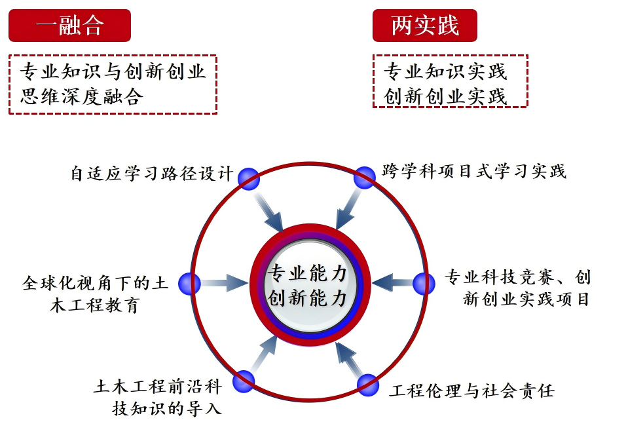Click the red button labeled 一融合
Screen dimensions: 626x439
[x=70, y=26]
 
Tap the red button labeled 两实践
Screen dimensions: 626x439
[x=425, y=26]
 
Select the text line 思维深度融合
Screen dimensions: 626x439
[x=81, y=96]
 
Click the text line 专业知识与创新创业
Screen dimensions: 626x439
[x=113, y=71]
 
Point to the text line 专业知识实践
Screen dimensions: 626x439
[x=445, y=71]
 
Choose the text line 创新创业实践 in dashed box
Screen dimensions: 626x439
[x=445, y=96]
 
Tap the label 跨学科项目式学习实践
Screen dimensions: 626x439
[x=474, y=172]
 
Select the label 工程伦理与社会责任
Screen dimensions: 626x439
[x=472, y=391]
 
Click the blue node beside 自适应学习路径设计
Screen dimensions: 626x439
[x=249, y=179]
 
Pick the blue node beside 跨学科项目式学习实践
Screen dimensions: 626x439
[x=365, y=178]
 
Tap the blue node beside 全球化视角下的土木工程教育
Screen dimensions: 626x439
[x=189, y=284]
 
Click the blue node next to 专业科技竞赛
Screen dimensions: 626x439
[x=424, y=284]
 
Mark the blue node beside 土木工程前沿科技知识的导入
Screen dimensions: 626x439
[x=244, y=381]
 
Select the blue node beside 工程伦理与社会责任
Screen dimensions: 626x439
[x=368, y=385]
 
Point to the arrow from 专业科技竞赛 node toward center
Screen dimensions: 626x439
[x=392, y=283]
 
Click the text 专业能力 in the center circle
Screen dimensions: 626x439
[x=306, y=273]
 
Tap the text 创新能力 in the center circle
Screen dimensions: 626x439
[x=306, y=298]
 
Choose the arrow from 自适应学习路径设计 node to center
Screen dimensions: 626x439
[x=268, y=210]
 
